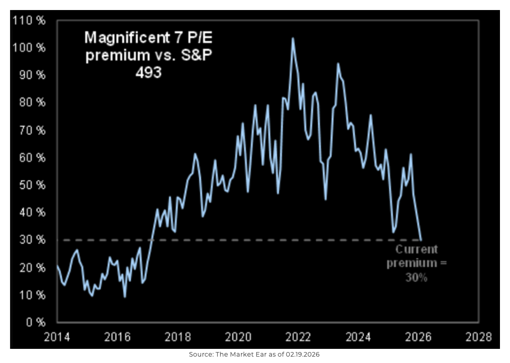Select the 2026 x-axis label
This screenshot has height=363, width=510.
pyautogui.click(x=419, y=337)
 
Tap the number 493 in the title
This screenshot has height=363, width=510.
pyautogui.click(x=148, y=72)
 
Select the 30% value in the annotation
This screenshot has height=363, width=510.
pyautogui.click(x=416, y=277)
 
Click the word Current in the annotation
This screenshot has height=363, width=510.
pyautogui.click(x=416, y=250)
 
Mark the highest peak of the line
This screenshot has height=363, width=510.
pyautogui.click(x=293, y=38)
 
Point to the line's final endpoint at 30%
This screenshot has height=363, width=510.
pyautogui.click(x=421, y=240)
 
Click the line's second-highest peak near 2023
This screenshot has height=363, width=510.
pyautogui.click(x=338, y=63)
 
